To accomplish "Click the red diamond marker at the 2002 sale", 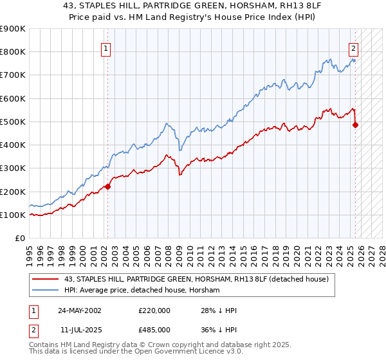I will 107,187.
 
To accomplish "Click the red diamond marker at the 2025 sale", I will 355,125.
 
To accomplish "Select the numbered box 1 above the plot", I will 105,47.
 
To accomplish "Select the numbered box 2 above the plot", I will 353,47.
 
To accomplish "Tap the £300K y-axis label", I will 13,168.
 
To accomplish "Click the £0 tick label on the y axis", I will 19,239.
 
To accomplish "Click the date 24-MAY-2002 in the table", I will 79,310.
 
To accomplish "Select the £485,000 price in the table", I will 154,329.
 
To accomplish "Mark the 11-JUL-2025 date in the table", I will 78,329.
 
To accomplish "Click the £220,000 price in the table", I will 154,310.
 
